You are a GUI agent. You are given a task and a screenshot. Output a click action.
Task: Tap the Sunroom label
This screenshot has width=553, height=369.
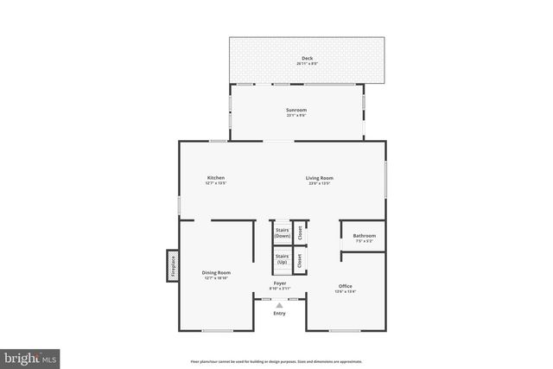(x=296, y=110)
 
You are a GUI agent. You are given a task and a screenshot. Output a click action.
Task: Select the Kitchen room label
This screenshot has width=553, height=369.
(x=215, y=178)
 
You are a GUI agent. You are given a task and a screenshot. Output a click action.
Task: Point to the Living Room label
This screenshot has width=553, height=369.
(x=319, y=178)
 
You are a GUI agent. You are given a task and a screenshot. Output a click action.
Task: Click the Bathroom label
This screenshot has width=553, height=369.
(x=364, y=235)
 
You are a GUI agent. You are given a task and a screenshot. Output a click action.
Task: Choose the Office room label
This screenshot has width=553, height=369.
(x=346, y=286)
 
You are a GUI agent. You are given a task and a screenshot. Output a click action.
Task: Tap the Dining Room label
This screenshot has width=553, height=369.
(x=216, y=272)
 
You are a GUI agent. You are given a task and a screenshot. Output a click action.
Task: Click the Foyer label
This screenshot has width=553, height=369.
(x=280, y=282)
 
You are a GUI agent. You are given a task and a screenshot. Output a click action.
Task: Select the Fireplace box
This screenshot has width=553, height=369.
(x=173, y=265)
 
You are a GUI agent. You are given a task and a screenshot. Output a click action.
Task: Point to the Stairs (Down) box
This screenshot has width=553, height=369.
(x=282, y=232)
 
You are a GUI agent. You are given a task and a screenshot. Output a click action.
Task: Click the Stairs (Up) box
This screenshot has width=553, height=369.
(x=282, y=258)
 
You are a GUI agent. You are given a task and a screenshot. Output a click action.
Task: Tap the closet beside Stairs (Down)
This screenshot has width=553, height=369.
(x=300, y=232)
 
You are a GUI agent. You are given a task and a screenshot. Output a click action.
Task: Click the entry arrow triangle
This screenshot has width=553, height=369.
(x=279, y=304)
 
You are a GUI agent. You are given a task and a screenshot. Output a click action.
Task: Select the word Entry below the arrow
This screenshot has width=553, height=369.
(x=279, y=313)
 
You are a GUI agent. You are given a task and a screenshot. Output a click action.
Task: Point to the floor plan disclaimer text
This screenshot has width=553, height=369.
(x=276, y=361)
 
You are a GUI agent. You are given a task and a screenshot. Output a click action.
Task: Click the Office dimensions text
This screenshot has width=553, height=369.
(x=346, y=292)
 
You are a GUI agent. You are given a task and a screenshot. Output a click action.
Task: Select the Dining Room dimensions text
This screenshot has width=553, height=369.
(x=216, y=278)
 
